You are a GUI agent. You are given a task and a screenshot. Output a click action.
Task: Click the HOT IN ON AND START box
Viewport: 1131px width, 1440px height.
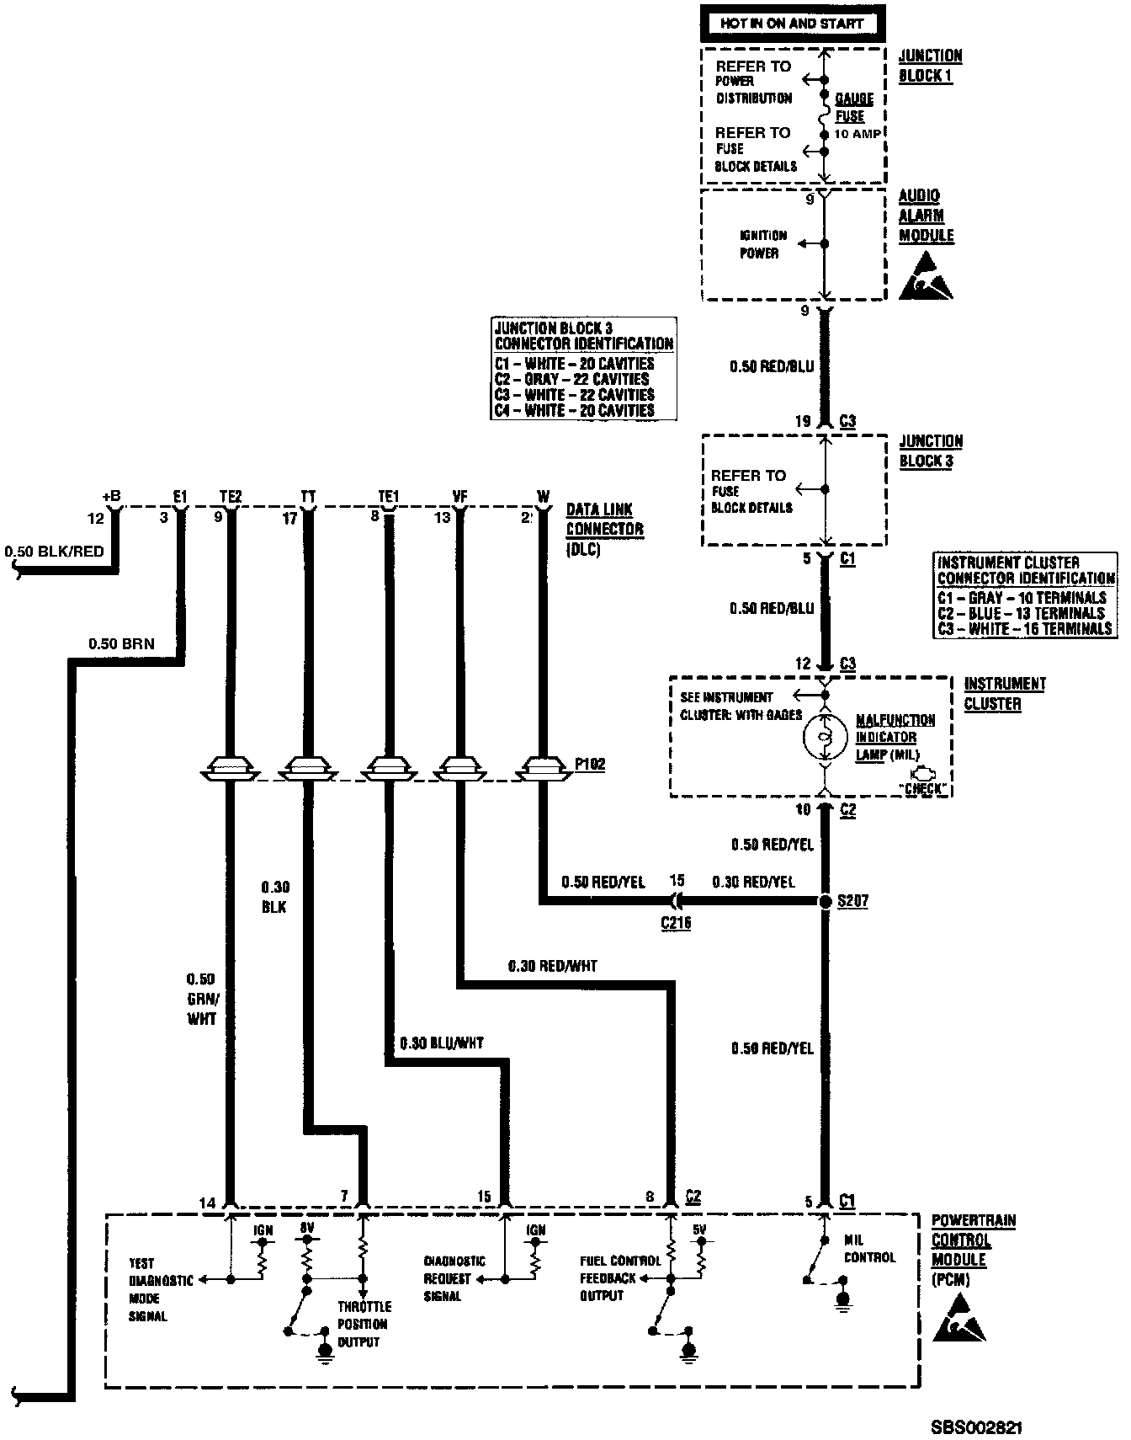pyautogui.click(x=791, y=24)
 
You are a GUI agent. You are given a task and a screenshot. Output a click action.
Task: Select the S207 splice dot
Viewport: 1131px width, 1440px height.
pyautogui.click(x=826, y=901)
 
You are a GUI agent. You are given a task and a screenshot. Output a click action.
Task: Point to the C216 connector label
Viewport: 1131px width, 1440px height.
pyautogui.click(x=676, y=923)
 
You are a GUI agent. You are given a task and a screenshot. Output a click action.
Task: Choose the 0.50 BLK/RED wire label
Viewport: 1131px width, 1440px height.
pyautogui.click(x=54, y=552)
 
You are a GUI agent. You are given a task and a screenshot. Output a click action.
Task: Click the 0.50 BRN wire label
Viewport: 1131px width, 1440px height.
pyautogui.click(x=122, y=644)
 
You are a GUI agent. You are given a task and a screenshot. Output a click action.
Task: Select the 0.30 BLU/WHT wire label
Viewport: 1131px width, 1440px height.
pyautogui.click(x=442, y=1043)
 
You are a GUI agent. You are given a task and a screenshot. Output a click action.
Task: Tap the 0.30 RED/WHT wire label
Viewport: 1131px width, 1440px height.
pyautogui.click(x=553, y=966)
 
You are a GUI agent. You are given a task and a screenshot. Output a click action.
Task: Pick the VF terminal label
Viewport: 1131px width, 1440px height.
pyautogui.click(x=459, y=496)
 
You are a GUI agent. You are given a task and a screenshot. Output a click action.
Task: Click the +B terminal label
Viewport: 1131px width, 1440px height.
pyautogui.click(x=111, y=496)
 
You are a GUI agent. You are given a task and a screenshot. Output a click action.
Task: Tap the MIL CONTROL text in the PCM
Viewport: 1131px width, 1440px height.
pyautogui.click(x=869, y=1248)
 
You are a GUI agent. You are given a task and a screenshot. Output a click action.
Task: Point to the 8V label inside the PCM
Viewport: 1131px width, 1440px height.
pyautogui.click(x=306, y=1229)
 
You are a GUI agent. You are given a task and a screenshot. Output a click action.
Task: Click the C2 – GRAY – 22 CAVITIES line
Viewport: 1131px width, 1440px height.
pyautogui.click(x=572, y=379)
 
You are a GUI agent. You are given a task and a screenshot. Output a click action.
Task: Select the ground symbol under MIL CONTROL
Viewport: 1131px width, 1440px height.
pyautogui.click(x=842, y=1304)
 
